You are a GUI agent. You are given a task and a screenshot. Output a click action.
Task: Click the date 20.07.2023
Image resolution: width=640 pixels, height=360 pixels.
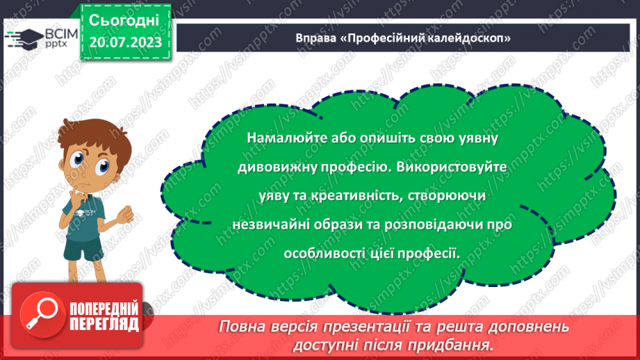(125, 42)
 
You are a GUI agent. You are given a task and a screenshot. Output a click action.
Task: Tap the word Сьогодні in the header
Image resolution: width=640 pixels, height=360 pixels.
(125, 20)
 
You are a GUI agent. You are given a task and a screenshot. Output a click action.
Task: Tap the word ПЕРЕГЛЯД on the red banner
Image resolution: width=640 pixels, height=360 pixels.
(104, 323)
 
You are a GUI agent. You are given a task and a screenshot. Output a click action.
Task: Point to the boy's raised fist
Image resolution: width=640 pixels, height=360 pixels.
(124, 216)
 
